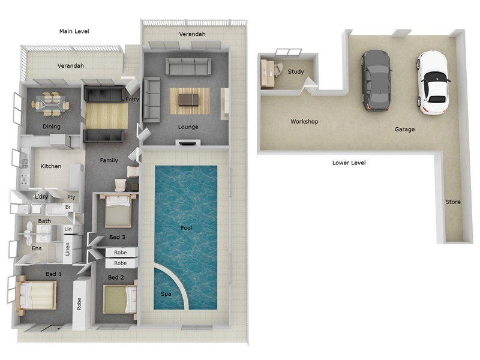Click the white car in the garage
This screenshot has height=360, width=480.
coord(432,82)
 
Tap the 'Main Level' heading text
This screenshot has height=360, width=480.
coord(74,31)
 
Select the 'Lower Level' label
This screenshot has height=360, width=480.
coord(349,163)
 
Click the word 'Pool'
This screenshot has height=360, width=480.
coord(187,228)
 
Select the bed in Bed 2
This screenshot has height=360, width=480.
coord(120,299)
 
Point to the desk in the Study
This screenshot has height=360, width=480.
coord(268,74)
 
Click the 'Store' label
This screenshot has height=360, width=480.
coord(453,202)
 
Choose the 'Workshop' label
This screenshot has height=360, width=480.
coord(304,122)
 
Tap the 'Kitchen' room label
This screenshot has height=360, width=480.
coord(51,166)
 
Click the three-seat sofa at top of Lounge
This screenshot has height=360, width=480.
coord(188,66)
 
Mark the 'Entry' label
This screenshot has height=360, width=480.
coord(133,99)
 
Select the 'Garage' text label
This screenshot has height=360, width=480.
coord(404,129)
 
